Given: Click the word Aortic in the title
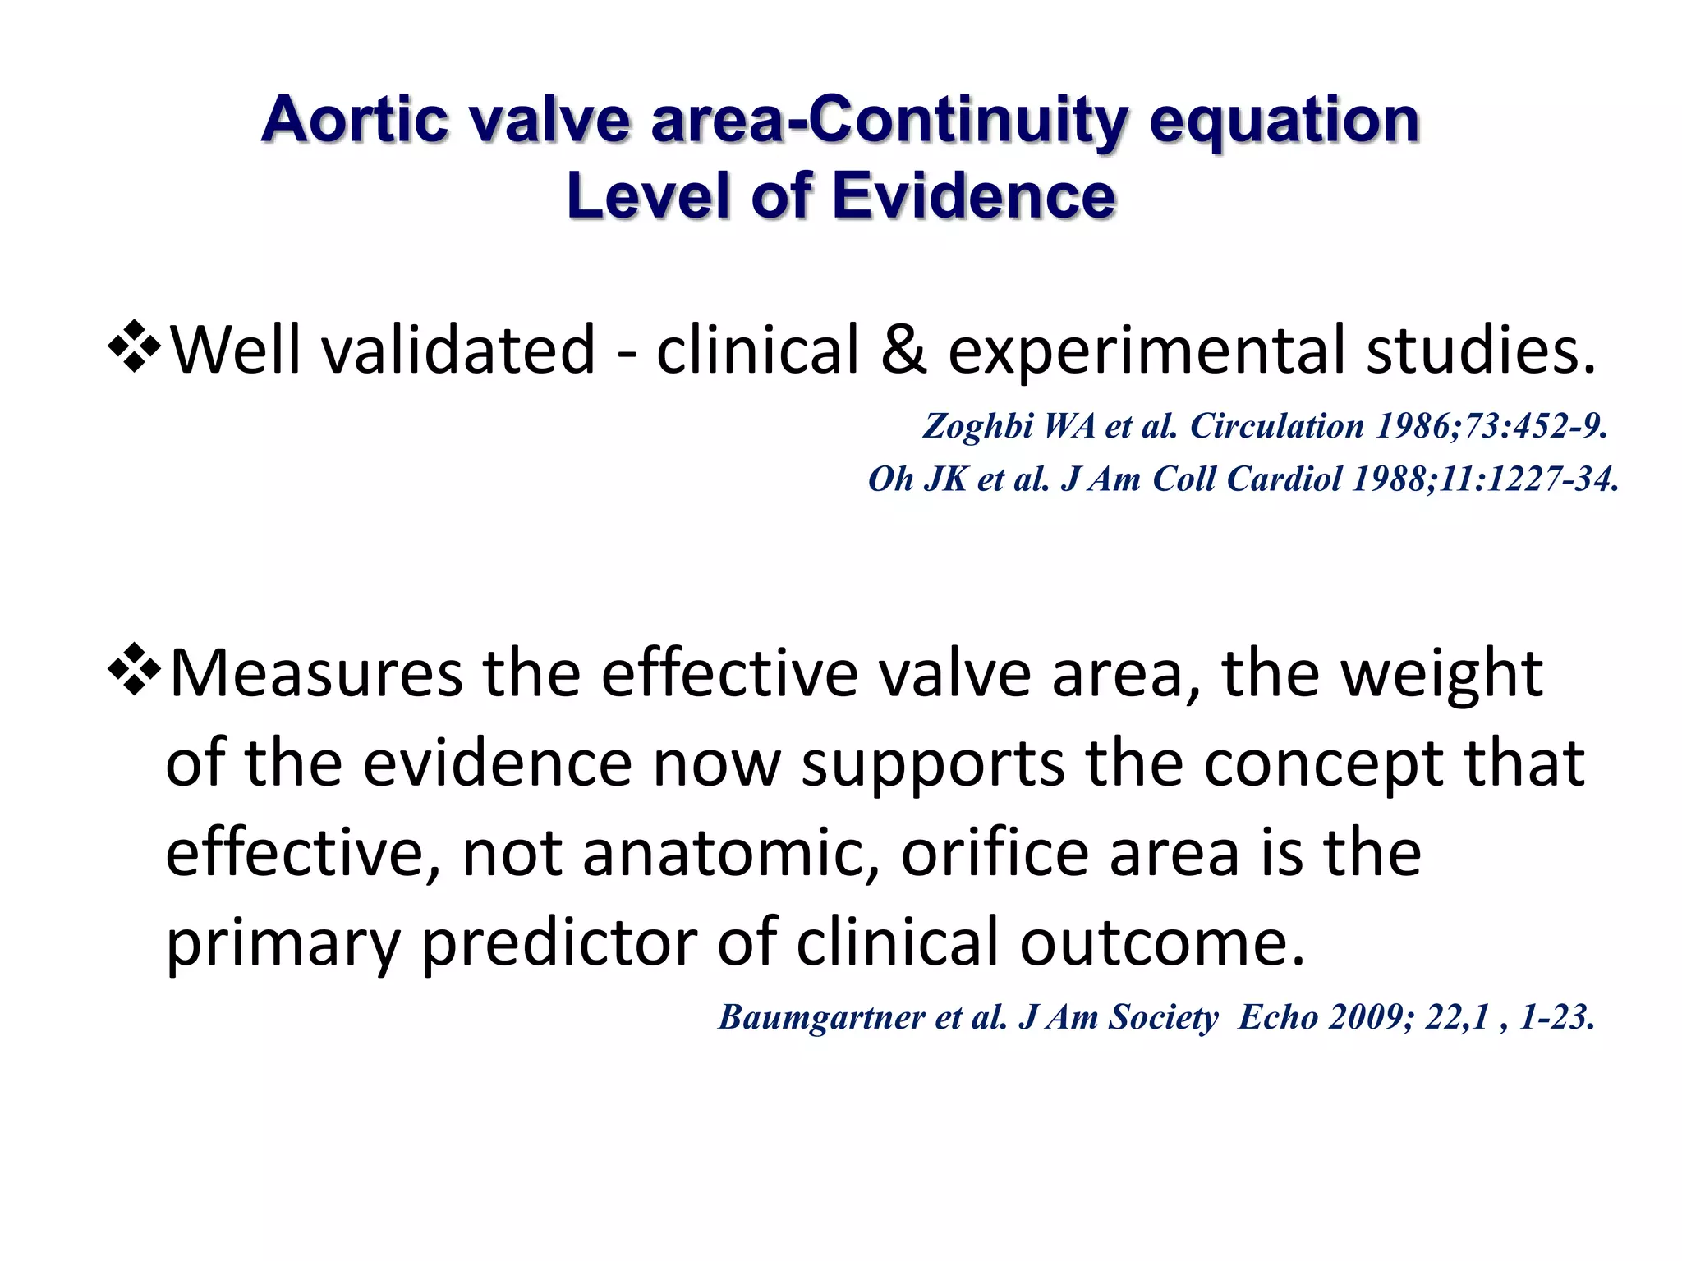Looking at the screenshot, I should click(x=354, y=121).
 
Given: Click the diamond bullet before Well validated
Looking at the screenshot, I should click(x=133, y=348).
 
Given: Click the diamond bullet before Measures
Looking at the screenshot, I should click(x=133, y=671).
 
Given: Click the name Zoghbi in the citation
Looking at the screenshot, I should click(x=977, y=426).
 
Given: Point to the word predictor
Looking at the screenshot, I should click(x=559, y=942).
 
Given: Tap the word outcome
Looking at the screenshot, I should click(x=1161, y=942).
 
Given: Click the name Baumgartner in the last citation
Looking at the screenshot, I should click(x=821, y=1018).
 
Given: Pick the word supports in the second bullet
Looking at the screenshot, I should click(x=933, y=763).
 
